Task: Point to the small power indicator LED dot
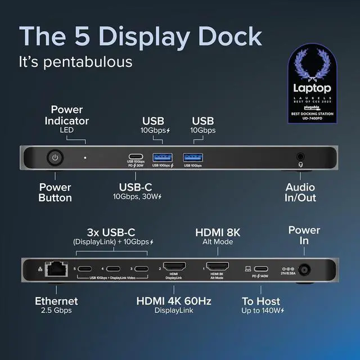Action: coord(85,158)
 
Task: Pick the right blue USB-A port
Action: coord(193,157)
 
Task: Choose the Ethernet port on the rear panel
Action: coord(56,269)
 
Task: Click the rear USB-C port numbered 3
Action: coord(141,268)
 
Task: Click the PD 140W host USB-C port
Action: coord(262,268)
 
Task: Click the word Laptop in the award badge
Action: coord(312,88)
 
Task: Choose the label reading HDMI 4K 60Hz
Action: coord(174,301)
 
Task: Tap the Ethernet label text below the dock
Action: coord(56,301)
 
